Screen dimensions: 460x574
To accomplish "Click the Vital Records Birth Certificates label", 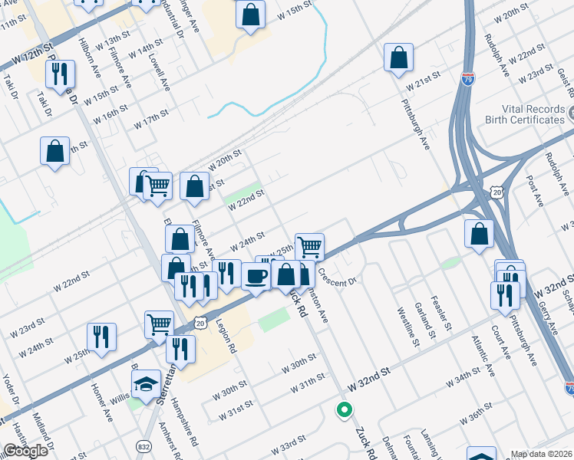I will click(x=524, y=114).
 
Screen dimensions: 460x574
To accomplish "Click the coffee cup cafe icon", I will click(x=256, y=275).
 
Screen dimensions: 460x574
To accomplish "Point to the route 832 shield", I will click(x=144, y=445).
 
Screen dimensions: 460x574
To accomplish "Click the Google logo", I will click(x=25, y=451).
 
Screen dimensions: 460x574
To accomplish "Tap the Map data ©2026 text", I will click(x=542, y=454).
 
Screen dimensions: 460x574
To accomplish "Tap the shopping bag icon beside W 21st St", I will click(x=398, y=58).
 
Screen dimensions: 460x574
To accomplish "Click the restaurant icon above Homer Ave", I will click(x=101, y=337).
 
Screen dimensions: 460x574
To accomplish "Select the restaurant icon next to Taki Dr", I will click(x=59, y=75).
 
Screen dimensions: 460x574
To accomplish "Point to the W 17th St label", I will click(x=150, y=118).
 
